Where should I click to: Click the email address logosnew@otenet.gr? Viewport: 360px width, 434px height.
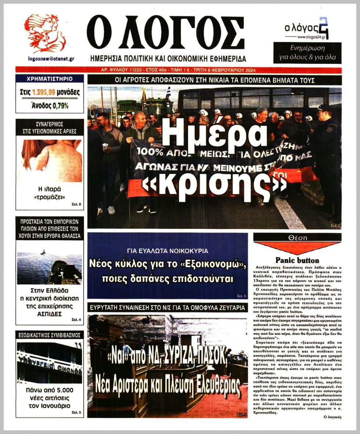point(51,58)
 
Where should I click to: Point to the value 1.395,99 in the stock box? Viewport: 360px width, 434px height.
point(45,93)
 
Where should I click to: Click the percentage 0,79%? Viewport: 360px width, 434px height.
point(60,106)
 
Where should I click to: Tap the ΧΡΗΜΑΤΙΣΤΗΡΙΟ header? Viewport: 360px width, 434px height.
point(50,79)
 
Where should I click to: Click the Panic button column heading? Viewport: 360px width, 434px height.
point(297,260)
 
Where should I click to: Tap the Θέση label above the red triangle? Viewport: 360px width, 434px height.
point(297,238)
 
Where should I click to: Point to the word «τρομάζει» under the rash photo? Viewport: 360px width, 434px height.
point(50,198)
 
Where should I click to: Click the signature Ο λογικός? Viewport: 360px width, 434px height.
point(332,417)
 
